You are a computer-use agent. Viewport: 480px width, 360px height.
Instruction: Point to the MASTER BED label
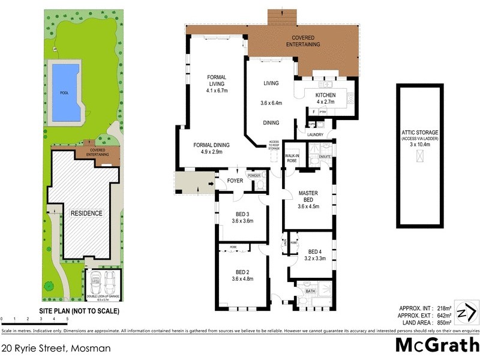tap(312, 193)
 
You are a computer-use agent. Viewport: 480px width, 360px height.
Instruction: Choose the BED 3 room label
tap(242, 214)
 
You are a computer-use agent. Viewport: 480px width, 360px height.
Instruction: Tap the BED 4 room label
tap(316, 251)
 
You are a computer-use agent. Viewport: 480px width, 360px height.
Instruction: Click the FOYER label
tap(226, 181)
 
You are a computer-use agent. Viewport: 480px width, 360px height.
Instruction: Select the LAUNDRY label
tap(315, 134)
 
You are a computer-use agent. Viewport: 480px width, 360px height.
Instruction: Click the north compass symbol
tap(465, 313)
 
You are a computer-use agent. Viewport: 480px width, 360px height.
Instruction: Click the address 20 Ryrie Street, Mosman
tap(56, 347)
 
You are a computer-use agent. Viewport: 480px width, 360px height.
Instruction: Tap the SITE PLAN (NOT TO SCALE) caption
tap(79, 311)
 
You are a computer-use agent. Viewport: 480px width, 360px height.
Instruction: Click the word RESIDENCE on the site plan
tap(87, 213)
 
